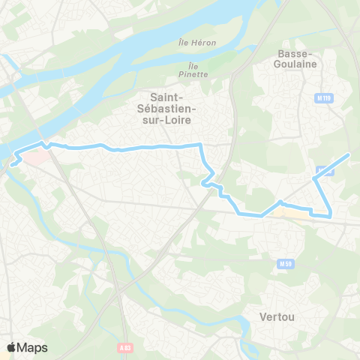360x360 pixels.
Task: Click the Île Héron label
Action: [198, 43]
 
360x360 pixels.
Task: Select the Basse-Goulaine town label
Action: [298, 58]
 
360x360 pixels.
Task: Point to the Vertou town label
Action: [276, 316]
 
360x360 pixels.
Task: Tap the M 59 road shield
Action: [285, 263]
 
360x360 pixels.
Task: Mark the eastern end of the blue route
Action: [349, 154]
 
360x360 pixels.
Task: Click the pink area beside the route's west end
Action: [33, 157]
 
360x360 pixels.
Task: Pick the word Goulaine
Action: [298, 64]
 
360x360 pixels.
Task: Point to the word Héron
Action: [203, 43]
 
